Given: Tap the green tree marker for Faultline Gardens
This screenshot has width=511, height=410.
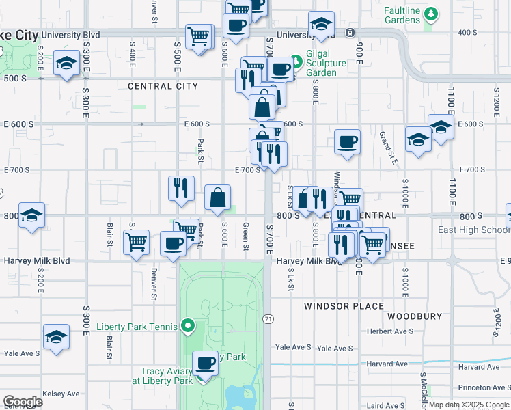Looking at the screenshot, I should (430, 14).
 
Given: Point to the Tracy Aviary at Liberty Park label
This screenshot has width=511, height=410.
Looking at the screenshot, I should (162, 376).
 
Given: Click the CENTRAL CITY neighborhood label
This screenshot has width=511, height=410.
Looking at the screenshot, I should (163, 86).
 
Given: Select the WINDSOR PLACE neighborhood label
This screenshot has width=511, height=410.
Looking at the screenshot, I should (344, 306).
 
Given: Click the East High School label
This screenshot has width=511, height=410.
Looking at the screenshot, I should (473, 230).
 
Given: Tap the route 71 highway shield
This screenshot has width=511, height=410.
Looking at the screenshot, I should (268, 319).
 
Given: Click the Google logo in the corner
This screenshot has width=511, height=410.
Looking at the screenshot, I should (23, 402).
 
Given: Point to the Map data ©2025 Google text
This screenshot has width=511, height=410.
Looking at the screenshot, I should (469, 405).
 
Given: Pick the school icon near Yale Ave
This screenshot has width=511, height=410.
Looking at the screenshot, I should (56, 337).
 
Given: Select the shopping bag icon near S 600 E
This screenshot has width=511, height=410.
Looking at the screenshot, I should (217, 197).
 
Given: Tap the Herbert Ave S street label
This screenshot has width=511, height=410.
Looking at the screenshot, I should (389, 331).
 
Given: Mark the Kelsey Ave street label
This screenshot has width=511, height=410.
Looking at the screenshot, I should (61, 394).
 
